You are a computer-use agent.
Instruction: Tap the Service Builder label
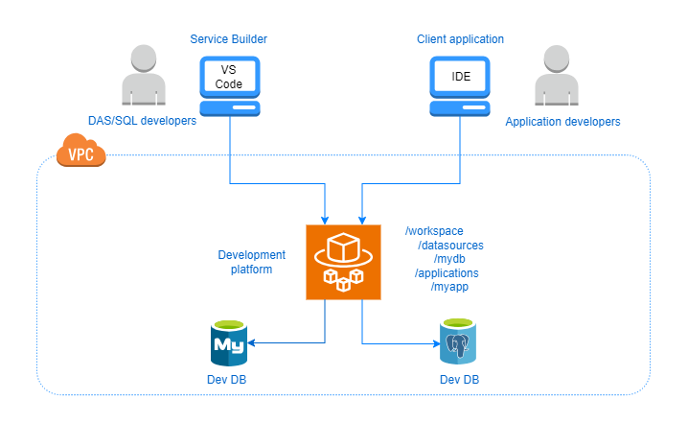click(x=229, y=39)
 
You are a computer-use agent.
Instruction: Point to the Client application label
click(x=460, y=39)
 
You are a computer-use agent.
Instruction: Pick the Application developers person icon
click(x=562, y=77)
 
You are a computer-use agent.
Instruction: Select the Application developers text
click(x=562, y=122)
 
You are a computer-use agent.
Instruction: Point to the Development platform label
click(x=251, y=262)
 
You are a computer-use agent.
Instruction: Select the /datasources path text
click(x=450, y=246)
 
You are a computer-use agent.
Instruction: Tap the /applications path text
click(x=447, y=273)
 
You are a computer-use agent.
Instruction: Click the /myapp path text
click(x=450, y=287)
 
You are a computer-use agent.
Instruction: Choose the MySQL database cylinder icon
click(x=229, y=342)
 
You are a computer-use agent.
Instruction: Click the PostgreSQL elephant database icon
click(x=459, y=342)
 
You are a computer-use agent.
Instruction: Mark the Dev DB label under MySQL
click(x=229, y=381)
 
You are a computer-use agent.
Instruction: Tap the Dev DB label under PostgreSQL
click(x=459, y=381)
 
